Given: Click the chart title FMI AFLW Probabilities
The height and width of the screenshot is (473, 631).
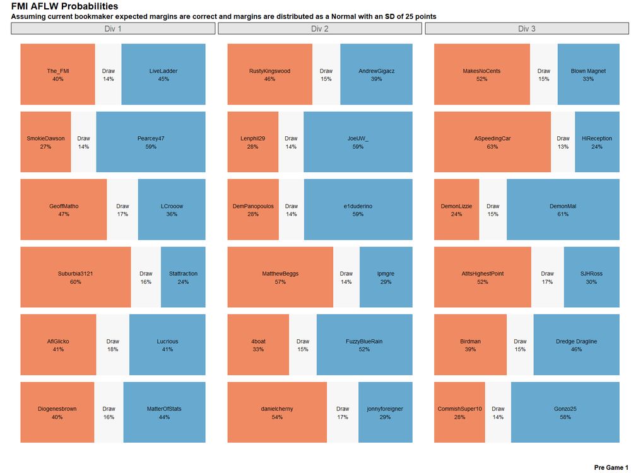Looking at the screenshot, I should point(64,6).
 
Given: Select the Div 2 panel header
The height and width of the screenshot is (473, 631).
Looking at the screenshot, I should point(320,28).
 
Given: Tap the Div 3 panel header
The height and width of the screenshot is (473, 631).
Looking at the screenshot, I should point(527,28).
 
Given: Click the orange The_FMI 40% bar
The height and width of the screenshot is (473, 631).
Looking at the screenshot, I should point(57,74).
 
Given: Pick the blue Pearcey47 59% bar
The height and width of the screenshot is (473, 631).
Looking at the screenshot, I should point(150,142).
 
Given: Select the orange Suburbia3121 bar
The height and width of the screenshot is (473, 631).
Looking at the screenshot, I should point(76,277).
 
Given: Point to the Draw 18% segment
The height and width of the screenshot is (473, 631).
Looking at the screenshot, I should point(113,344).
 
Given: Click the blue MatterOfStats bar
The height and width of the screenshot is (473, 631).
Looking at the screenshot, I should point(164,412).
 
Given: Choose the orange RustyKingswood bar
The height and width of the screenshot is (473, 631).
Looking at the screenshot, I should point(269,74).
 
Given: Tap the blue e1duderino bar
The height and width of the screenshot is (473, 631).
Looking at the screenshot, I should point(358,209).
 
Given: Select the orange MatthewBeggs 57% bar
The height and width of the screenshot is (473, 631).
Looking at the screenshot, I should point(280,277).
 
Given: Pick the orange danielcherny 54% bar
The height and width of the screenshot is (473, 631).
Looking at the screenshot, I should point(277,412).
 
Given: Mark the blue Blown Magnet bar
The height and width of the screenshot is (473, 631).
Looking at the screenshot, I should point(588,74).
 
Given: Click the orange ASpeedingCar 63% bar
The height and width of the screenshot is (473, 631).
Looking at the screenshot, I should point(492,142).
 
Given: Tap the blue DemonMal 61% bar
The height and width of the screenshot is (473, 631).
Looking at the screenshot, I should point(563,209).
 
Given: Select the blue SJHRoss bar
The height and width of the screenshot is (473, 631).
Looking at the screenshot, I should point(591,277).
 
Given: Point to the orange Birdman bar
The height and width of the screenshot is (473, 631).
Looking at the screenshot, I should point(470,344).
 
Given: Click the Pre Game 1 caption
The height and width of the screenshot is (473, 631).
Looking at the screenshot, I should point(611,467).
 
